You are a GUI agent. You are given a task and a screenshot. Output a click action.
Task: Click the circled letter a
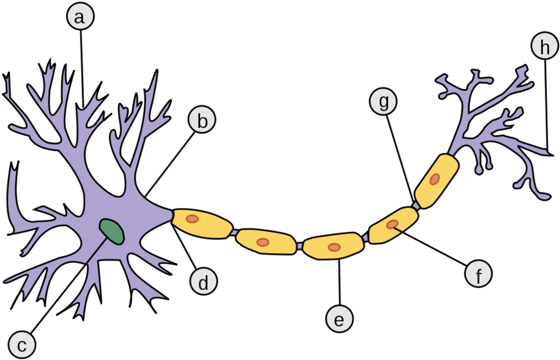(80, 17)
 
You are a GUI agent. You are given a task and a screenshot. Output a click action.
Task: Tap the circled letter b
(202, 121)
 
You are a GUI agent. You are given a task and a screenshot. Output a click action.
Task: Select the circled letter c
(22, 345)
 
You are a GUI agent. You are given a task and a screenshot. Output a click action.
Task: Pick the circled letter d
(203, 283)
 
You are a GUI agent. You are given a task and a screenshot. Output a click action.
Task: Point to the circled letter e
(339, 320)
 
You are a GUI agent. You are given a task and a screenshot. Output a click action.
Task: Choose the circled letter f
(478, 274)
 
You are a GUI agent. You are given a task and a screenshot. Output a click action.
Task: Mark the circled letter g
(383, 102)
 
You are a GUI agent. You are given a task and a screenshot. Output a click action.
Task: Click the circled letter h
(544, 47)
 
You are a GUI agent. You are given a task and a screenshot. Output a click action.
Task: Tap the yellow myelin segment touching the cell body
(202, 224)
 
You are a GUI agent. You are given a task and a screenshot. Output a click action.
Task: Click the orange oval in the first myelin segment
(192, 219)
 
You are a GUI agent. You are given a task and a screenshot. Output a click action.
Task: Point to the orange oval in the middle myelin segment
(334, 247)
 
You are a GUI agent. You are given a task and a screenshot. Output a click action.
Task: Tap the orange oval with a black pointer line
(392, 224)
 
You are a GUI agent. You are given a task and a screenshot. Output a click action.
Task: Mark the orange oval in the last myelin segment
(435, 179)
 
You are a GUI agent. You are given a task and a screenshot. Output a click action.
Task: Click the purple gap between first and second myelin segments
(235, 233)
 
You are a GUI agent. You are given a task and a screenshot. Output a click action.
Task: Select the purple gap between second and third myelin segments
(299, 245)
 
